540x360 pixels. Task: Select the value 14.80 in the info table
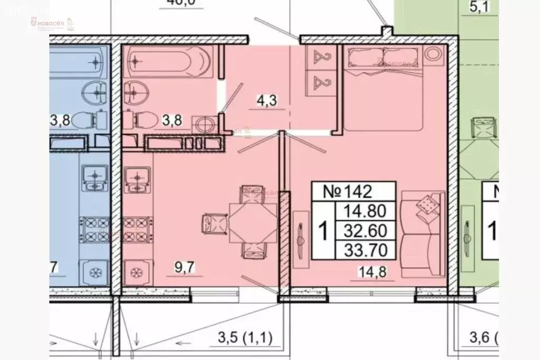[365, 212]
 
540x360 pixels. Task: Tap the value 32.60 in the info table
[365, 230]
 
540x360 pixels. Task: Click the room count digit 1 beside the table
[323, 230]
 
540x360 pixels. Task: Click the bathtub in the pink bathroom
[169, 62]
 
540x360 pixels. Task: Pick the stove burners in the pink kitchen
[134, 230]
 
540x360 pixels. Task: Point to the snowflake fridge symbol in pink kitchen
[136, 273]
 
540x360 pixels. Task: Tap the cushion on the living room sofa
[427, 204]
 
